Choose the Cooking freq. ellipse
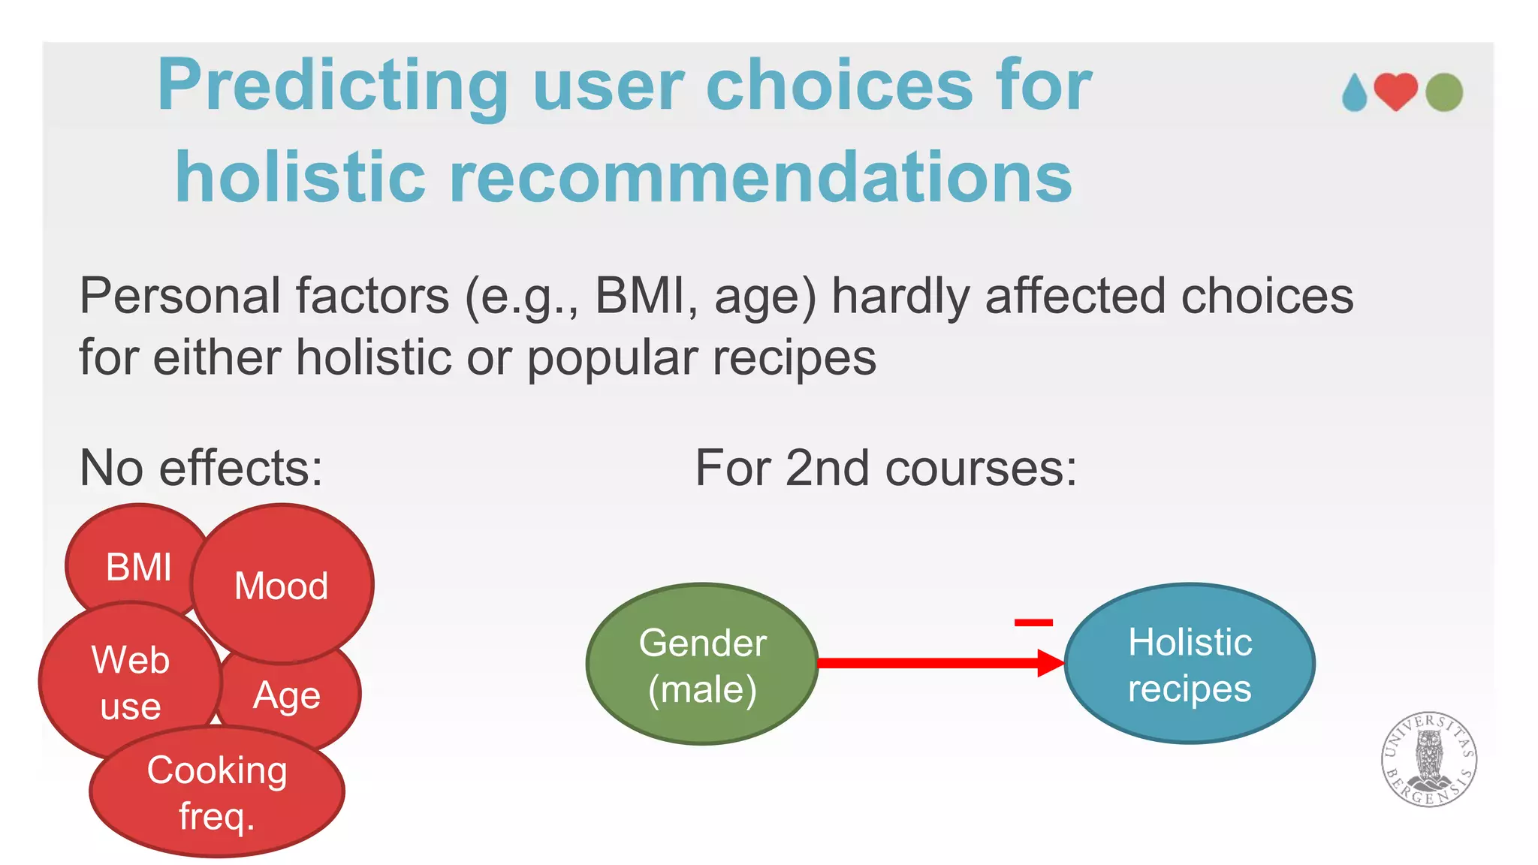[216, 792]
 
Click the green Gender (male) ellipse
[701, 665]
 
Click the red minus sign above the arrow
[1033, 622]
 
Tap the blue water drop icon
[1355, 94]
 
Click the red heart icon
[1395, 92]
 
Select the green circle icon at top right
[1443, 92]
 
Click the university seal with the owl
[1428, 759]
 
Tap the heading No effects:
[201, 468]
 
